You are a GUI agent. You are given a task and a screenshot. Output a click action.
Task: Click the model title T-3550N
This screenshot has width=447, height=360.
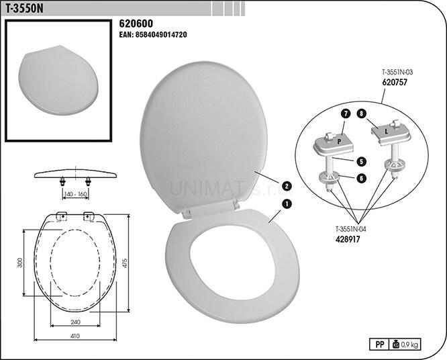click(x=25, y=9)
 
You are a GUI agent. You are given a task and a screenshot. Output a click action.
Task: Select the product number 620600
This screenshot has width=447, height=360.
click(x=136, y=24)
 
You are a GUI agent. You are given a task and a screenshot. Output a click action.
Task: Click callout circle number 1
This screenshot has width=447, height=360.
click(x=287, y=204)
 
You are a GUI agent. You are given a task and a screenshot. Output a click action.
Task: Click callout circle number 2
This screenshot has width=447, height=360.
click(x=287, y=186)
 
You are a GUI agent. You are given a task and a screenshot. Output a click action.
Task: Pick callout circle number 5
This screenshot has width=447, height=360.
click(x=361, y=162)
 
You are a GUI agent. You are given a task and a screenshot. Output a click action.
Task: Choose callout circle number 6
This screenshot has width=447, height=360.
click(x=361, y=178)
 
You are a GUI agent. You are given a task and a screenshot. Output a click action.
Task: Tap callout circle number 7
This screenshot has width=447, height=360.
click(x=346, y=114)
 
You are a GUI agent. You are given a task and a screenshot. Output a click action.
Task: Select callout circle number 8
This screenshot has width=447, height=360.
click(x=362, y=114)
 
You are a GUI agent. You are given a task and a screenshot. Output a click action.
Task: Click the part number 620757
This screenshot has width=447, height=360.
click(x=395, y=83)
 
